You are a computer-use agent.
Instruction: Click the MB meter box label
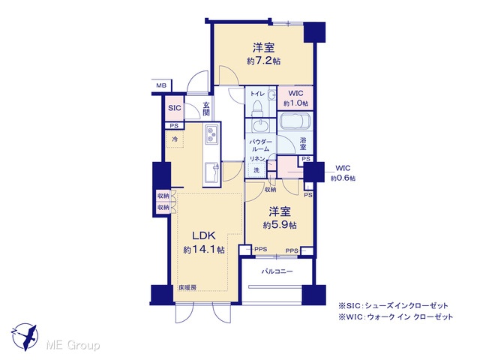click(x=161, y=85)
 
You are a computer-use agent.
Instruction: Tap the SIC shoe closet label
click(x=175, y=108)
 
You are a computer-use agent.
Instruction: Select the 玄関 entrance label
click(x=206, y=109)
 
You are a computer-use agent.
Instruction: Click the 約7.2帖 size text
click(x=263, y=61)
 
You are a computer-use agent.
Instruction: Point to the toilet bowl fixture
click(x=257, y=109)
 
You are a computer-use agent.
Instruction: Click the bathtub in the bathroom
click(x=295, y=120)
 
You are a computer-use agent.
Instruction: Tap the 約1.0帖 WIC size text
click(x=295, y=103)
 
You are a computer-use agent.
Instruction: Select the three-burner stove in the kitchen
click(x=211, y=135)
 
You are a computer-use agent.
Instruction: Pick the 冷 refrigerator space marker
click(x=175, y=139)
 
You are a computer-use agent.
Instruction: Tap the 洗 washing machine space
click(x=256, y=170)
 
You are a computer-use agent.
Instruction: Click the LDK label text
click(x=204, y=235)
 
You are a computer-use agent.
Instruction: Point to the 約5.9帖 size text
click(x=280, y=225)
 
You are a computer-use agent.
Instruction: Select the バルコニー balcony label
click(x=277, y=271)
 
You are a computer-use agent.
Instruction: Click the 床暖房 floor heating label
click(x=187, y=288)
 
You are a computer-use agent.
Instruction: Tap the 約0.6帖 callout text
click(x=343, y=178)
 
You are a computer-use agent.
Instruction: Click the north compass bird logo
click(x=25, y=337)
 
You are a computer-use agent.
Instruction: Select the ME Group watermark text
click(x=73, y=346)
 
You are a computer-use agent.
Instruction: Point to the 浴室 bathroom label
click(x=303, y=144)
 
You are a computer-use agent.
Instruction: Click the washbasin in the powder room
click(x=260, y=125)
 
